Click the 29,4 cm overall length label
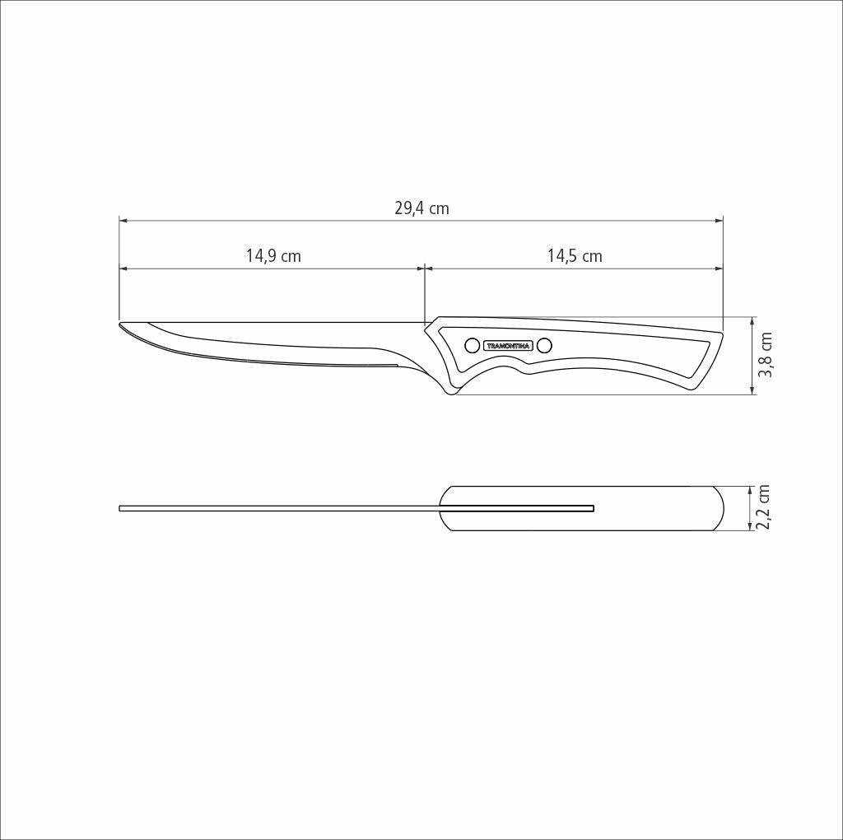click(x=421, y=208)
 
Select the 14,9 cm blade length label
click(x=273, y=256)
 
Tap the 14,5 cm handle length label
click(x=575, y=256)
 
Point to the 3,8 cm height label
click(x=766, y=355)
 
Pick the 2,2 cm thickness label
click(x=764, y=507)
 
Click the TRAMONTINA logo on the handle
click(x=508, y=346)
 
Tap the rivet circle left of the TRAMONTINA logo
click(x=473, y=345)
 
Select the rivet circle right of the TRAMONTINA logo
click(x=544, y=345)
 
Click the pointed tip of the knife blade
click(x=121, y=324)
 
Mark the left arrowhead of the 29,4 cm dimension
click(x=123, y=221)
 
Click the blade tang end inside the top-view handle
click(x=591, y=508)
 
